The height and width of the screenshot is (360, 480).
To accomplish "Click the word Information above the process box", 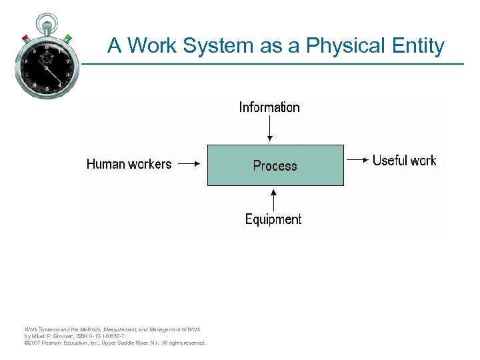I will pos(269,107).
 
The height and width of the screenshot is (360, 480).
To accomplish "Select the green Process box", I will pos(275,165).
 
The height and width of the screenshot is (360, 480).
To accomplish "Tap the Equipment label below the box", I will pos(273,219).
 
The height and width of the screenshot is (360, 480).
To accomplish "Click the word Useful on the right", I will pos(389,160).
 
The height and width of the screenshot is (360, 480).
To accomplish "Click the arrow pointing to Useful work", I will pos(357,160).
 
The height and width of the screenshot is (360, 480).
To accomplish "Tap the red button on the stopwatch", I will pos(26,37).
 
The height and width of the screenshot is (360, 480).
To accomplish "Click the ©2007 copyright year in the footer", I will pos(32,343).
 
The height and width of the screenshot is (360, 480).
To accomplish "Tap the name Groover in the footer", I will pos(62,336).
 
